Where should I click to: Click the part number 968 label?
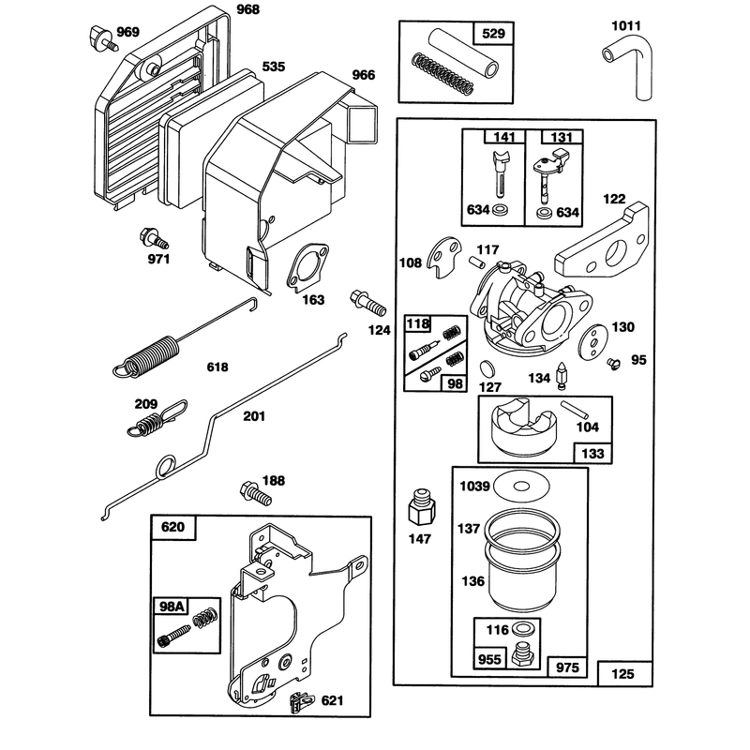tap(248, 9)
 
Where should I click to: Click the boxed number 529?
tap(493, 34)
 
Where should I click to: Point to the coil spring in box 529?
tap(442, 74)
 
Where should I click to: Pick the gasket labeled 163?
tap(308, 267)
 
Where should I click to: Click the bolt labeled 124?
tap(368, 302)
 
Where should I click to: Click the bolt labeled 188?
tap(255, 493)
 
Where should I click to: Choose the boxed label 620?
tap(172, 527)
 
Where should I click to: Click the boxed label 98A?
tap(172, 607)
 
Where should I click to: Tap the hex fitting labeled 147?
tap(421, 507)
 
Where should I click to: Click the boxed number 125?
tap(622, 674)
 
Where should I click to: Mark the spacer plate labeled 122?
tap(602, 242)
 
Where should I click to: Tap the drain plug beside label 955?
tap(524, 654)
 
